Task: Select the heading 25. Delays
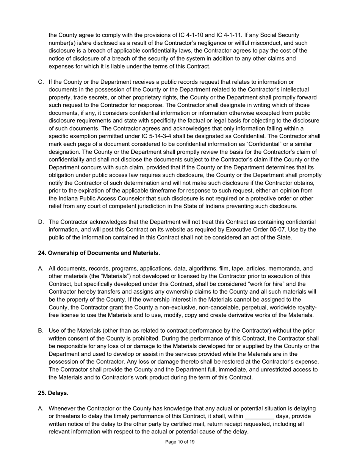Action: point(53,393)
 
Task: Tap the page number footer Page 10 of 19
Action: point(180,442)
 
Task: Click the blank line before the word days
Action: point(260,416)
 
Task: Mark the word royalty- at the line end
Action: point(305,307)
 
